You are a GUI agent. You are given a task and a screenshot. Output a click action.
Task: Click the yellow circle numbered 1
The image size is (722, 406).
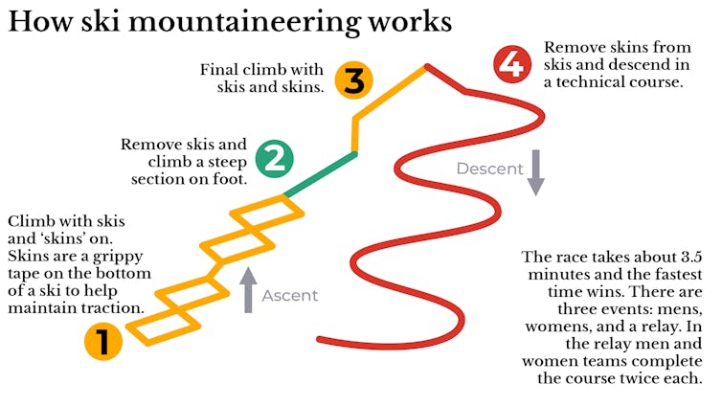pyautogui.click(x=102, y=341)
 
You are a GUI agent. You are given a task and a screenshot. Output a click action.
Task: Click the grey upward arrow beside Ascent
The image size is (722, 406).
pyautogui.click(x=248, y=290)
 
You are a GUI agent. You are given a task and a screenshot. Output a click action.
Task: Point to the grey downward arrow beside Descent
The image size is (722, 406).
pyautogui.click(x=536, y=172)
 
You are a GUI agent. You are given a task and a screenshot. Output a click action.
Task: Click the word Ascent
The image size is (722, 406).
pyautogui.click(x=290, y=295)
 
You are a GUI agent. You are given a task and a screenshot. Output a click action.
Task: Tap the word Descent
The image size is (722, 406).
pyautogui.click(x=488, y=169)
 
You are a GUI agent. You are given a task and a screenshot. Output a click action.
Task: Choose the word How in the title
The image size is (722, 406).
pyautogui.click(x=35, y=22)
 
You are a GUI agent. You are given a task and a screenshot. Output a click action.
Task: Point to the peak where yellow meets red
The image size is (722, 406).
pyautogui.click(x=424, y=65)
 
